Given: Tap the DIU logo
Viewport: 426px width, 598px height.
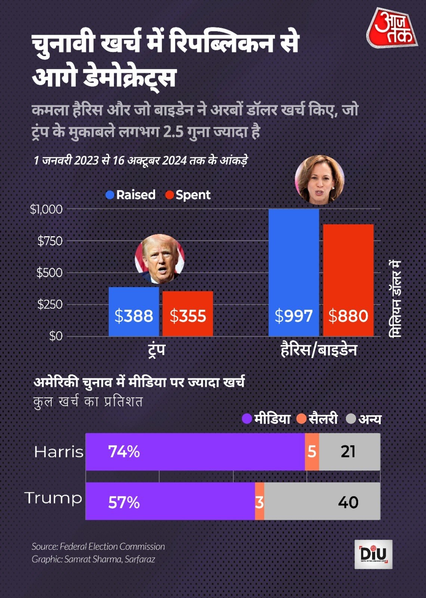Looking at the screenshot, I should tap(373, 554).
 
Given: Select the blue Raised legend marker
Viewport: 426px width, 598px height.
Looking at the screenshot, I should tap(110, 195).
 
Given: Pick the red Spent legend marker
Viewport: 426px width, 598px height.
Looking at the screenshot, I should tap(169, 195).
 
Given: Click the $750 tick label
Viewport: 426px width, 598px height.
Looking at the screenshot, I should tap(50, 241).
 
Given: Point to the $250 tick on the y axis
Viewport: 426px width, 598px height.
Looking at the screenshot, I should tap(50, 305).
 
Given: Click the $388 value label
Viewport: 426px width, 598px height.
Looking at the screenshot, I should tap(133, 316).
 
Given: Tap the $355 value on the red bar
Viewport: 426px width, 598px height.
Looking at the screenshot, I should tap(188, 316).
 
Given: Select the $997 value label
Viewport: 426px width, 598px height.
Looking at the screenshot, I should tap(293, 316).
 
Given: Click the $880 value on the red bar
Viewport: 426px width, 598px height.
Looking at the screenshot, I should tap(348, 316).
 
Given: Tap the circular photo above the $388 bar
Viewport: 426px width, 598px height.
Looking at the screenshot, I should tap(160, 259).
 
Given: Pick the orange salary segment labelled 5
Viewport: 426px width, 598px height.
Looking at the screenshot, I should tap(312, 451).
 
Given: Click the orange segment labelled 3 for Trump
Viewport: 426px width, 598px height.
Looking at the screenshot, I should tap(259, 501).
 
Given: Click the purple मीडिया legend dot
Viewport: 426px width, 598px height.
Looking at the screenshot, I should tap(247, 419).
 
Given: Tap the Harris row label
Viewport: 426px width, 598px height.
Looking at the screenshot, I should tap(59, 452).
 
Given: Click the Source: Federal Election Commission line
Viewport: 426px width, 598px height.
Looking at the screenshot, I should tap(98, 546).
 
